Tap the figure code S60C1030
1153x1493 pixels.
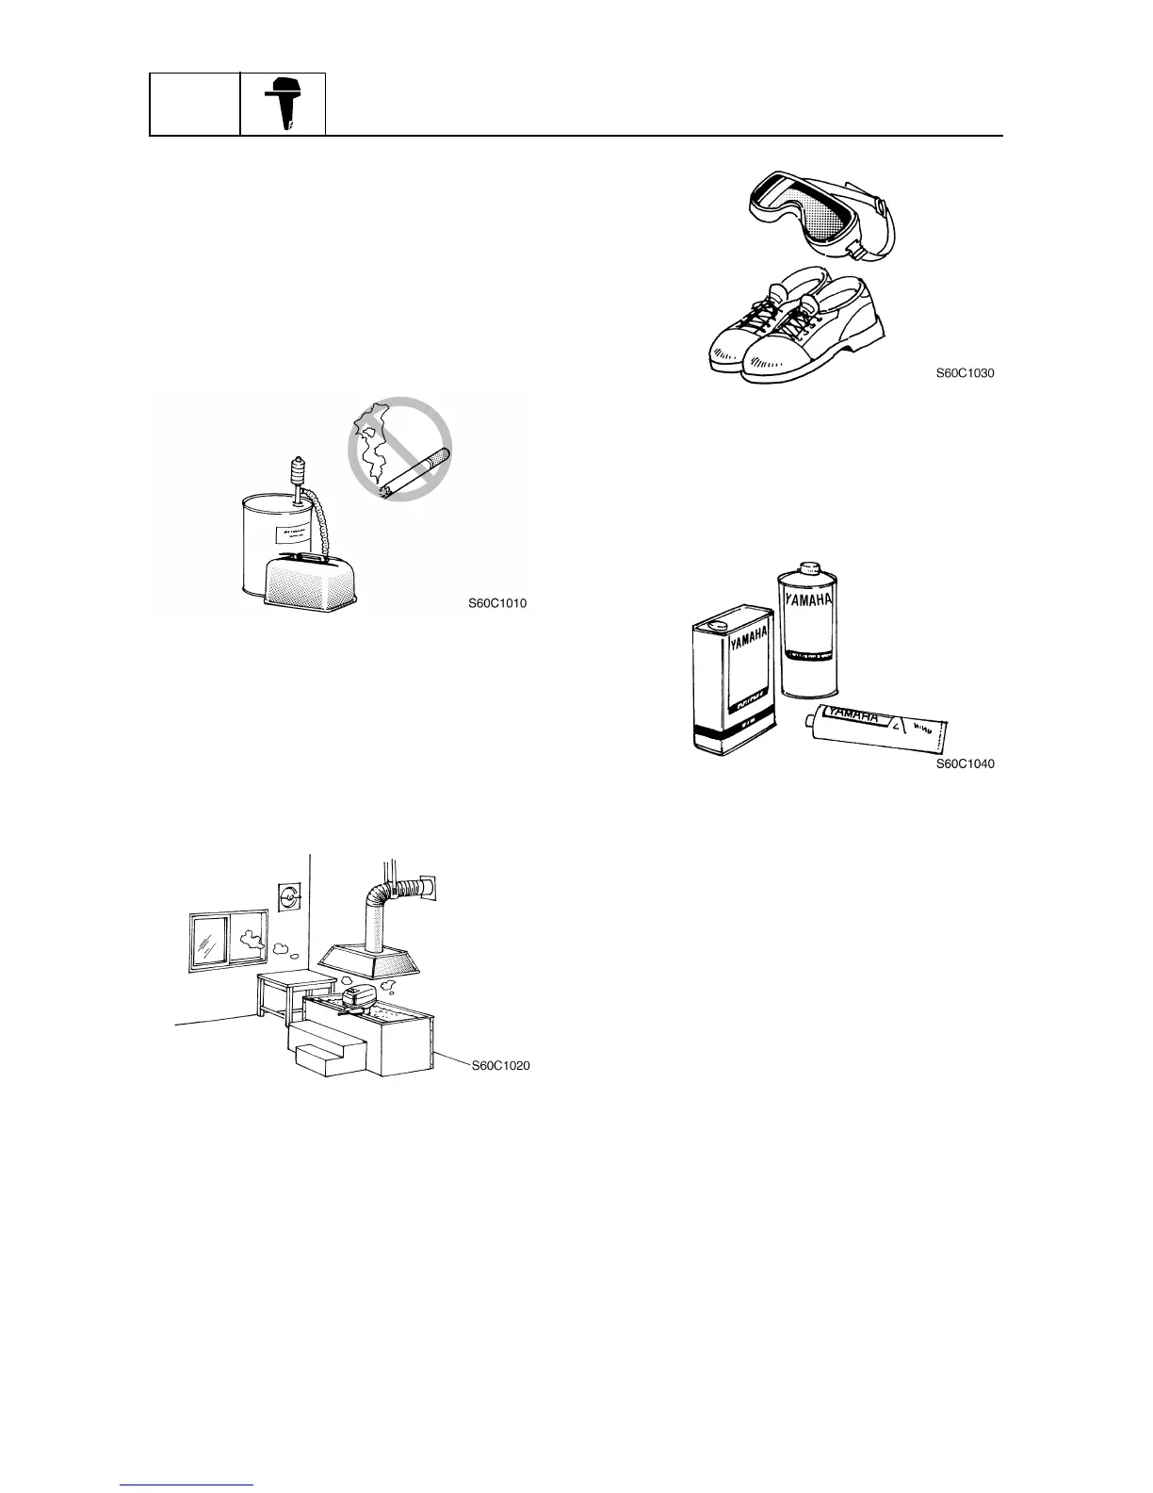point(965,373)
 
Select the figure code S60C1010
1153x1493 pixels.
point(497,604)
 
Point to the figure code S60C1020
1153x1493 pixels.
point(500,1065)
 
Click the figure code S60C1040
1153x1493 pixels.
point(965,763)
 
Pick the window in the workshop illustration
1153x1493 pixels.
point(224,940)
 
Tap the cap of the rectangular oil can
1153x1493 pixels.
point(716,622)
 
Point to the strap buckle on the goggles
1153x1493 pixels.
point(856,247)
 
